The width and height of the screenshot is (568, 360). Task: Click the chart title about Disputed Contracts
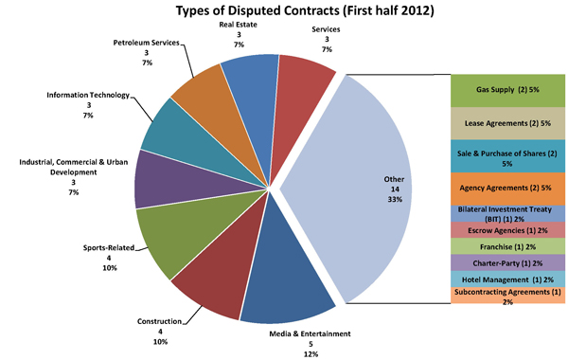[305, 10]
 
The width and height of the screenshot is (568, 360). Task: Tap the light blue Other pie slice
[359, 189]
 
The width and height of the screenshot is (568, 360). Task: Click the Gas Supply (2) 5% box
[507, 91]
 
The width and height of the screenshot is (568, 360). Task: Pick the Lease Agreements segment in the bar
[507, 123]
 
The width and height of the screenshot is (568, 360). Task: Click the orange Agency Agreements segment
[507, 189]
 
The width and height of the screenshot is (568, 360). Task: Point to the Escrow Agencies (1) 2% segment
[507, 230]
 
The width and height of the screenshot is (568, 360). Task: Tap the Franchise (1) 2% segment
[507, 246]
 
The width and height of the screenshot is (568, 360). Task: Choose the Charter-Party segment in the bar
[507, 262]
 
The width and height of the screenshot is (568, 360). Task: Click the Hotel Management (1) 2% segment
[507, 279]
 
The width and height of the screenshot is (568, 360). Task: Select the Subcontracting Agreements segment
[507, 296]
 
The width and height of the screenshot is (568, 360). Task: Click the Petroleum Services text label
[146, 43]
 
